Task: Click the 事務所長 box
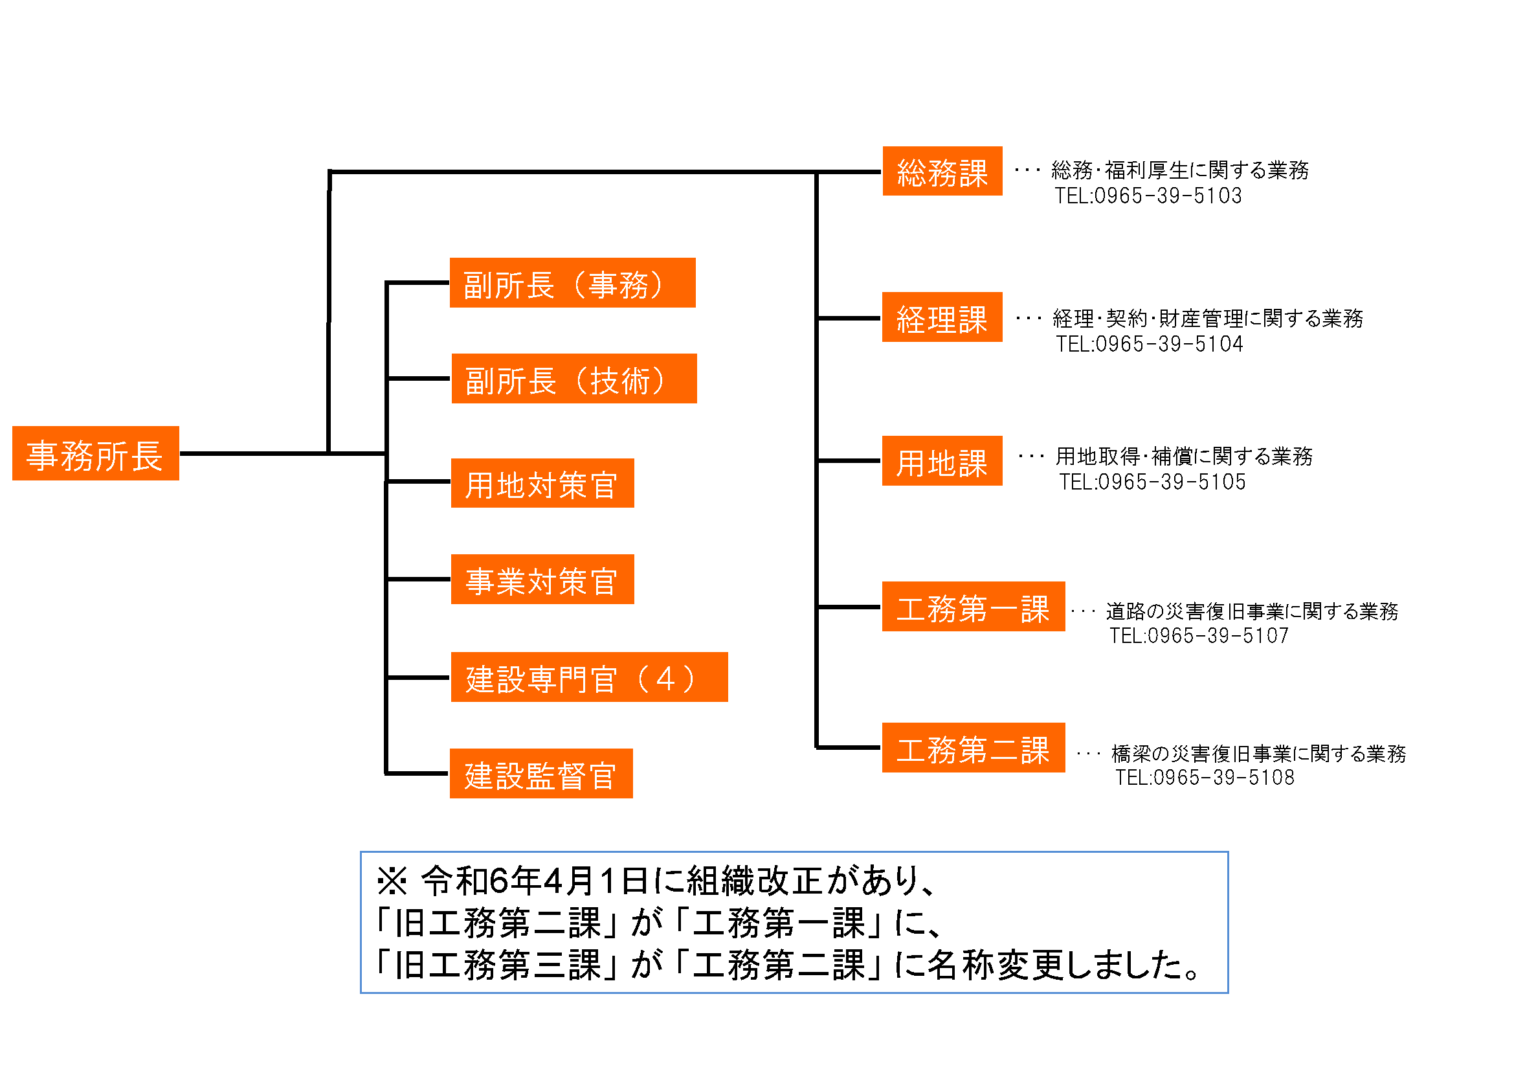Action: pyautogui.click(x=96, y=453)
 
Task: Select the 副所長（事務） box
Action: pyautogui.click(x=572, y=283)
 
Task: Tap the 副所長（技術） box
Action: pyautogui.click(x=573, y=379)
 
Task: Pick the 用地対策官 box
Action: pyautogui.click(x=542, y=484)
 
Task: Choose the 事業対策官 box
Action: pyautogui.click(x=542, y=579)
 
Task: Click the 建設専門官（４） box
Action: pyautogui.click(x=589, y=677)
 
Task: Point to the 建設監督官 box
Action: pyautogui.click(x=540, y=774)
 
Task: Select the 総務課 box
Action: pyautogui.click(x=942, y=172)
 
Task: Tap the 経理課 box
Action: pyautogui.click(x=942, y=317)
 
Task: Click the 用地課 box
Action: pyautogui.click(x=942, y=461)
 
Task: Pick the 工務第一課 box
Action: pyautogui.click(x=974, y=607)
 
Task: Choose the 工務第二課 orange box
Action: pyautogui.click(x=974, y=748)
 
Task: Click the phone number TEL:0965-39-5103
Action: pyautogui.click(x=1148, y=196)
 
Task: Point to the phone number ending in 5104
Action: pyautogui.click(x=1150, y=344)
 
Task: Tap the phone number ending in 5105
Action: pyautogui.click(x=1152, y=482)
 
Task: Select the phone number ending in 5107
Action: pyautogui.click(x=1199, y=636)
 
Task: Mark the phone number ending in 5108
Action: pyautogui.click(x=1205, y=778)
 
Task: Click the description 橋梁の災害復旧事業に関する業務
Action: pyautogui.click(x=1258, y=753)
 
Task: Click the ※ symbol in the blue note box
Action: pyautogui.click(x=392, y=881)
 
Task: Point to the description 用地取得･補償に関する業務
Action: pyautogui.click(x=1184, y=457)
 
